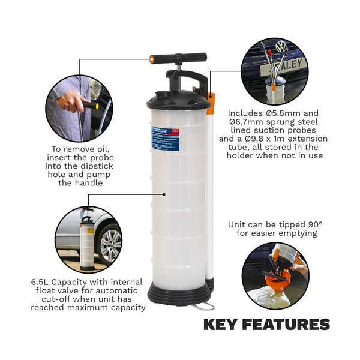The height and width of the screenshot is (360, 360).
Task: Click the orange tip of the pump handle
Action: (152, 59)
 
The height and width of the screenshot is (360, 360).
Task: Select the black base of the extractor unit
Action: (179, 293)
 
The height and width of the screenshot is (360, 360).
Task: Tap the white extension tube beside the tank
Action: (210, 192)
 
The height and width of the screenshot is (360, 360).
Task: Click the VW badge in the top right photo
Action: (281, 46)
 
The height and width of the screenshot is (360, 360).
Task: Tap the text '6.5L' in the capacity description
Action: (41, 282)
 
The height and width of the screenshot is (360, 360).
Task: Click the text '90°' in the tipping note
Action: (313, 224)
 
